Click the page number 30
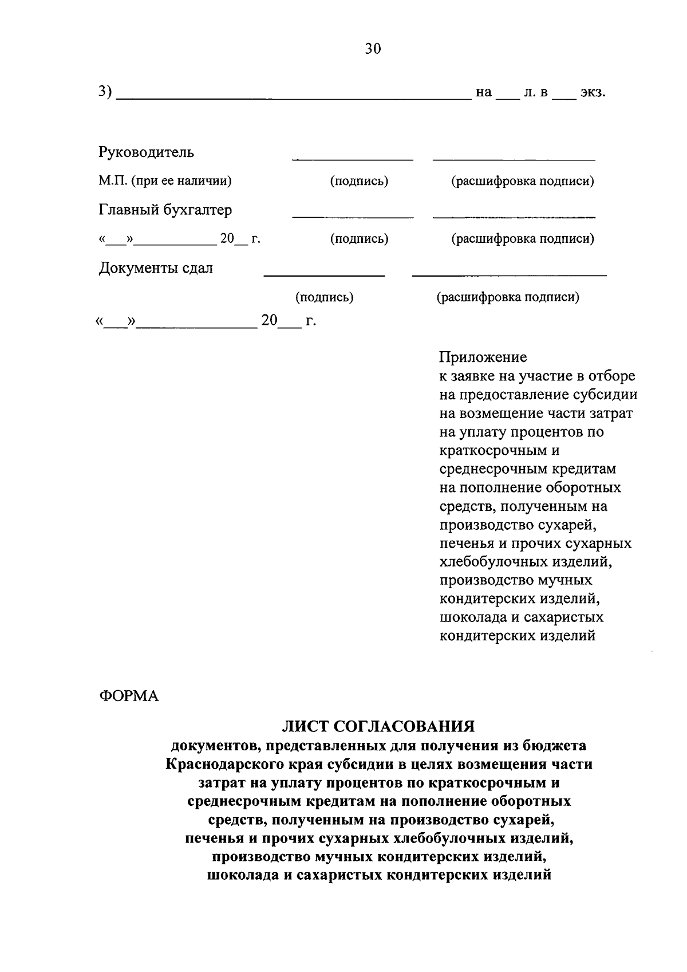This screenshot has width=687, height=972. coord(372,49)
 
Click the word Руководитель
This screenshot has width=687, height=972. coord(147,152)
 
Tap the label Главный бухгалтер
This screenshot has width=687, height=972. coord(165,210)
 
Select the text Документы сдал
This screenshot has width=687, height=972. coord(156,268)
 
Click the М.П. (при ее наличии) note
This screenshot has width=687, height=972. coord(165,181)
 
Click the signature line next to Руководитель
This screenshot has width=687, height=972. coord(352,159)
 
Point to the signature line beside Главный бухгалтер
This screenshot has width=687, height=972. coord(352,217)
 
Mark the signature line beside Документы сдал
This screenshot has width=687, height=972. coord(324,276)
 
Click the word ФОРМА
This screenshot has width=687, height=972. coord(129,696)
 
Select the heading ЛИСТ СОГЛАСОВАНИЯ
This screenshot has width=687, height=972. coord(378,726)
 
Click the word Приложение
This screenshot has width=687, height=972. coord(483,357)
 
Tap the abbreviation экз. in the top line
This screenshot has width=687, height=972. coord(593,92)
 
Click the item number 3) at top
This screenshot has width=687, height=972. coord(105,92)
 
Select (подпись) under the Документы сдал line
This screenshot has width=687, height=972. coord(324,297)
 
